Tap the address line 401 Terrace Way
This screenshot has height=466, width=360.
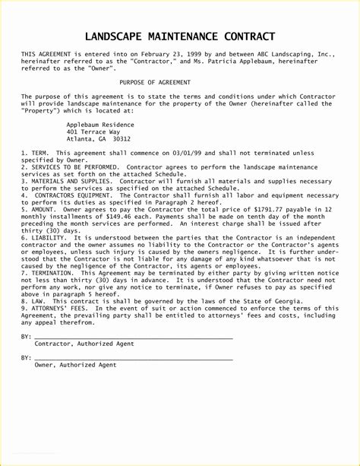93,132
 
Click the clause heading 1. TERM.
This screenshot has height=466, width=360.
35,153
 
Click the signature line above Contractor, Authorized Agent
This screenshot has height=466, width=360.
134,336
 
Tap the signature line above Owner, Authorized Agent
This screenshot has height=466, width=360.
134,357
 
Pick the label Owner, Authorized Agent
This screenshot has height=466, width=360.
75,365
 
